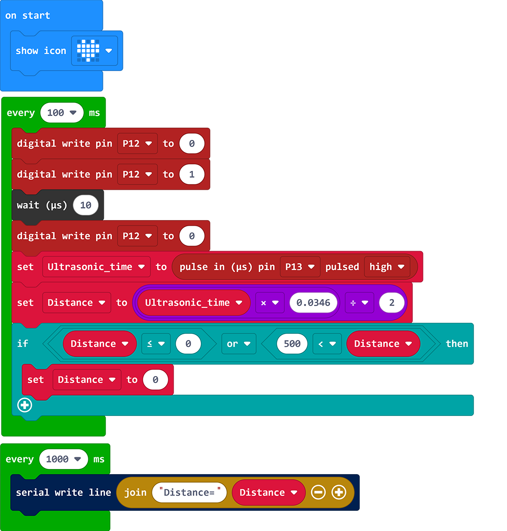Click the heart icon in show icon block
pos(88,51)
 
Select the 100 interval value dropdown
pos(61,113)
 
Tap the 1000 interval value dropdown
pos(63,459)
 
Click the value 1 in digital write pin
pos(192,174)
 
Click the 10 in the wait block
pos(85,205)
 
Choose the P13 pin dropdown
pos(300,267)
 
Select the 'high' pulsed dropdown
pos(386,267)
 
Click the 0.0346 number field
pos(313,303)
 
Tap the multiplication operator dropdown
pos(269,303)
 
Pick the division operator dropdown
pos(359,303)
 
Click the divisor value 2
pos(392,303)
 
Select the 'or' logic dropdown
pos(238,344)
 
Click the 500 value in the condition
pos(292,344)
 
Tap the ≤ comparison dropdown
pos(155,344)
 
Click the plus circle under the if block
pos(25,405)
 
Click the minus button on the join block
pos(318,493)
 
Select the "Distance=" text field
pos(190,493)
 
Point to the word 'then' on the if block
pos(457,344)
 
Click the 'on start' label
pos(28,15)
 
